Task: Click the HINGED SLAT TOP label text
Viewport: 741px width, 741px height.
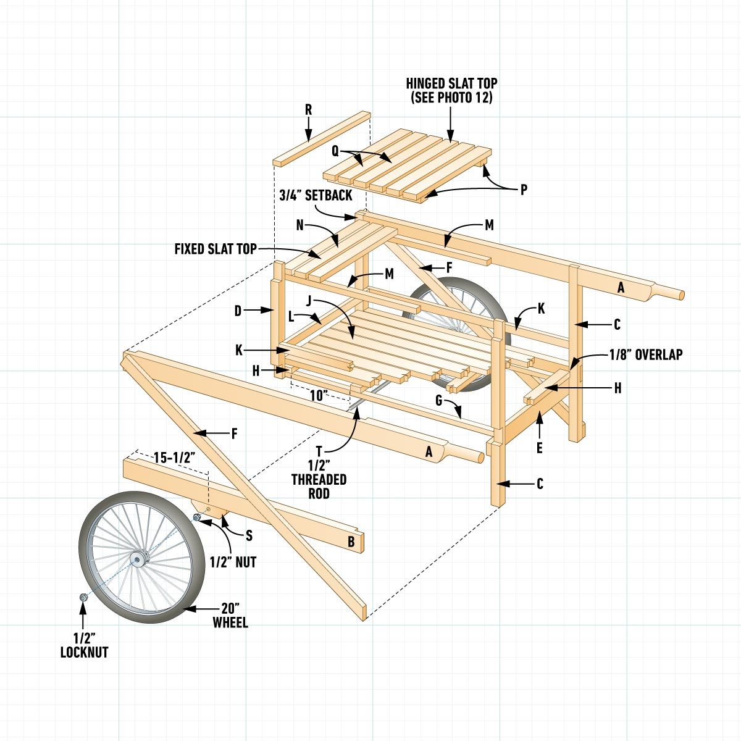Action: pos(451,90)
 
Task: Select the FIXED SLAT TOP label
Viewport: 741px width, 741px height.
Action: pos(215,249)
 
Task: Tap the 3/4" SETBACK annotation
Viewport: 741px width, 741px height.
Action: pos(315,195)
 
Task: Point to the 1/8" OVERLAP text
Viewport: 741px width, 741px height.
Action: pos(645,354)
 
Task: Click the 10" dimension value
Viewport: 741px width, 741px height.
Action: pos(318,396)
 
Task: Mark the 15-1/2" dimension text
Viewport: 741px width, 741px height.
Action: pos(174,458)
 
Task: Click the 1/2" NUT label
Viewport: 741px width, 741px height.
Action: pos(233,562)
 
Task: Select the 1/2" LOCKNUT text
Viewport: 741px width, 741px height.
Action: pos(84,645)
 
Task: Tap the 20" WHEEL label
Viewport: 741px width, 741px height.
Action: pos(230,614)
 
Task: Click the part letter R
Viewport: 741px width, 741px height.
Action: pos(308,110)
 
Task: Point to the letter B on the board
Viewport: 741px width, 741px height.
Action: pos(351,542)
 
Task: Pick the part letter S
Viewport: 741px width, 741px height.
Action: pos(249,535)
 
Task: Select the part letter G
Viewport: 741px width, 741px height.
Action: pos(439,401)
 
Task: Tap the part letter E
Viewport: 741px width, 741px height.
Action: pos(539,448)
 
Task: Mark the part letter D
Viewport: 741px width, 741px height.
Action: pos(238,311)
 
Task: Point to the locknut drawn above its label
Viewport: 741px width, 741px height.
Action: pos(83,597)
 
